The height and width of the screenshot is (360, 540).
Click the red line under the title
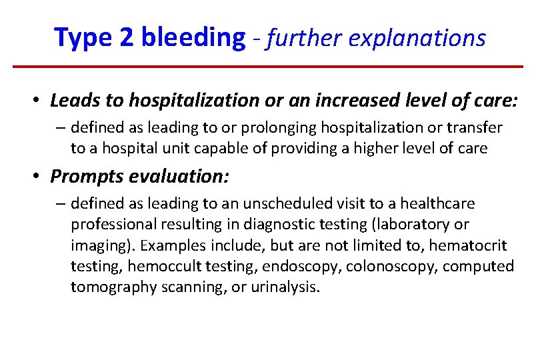[x=268, y=67]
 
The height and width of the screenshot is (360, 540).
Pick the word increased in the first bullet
[x=343, y=101]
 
